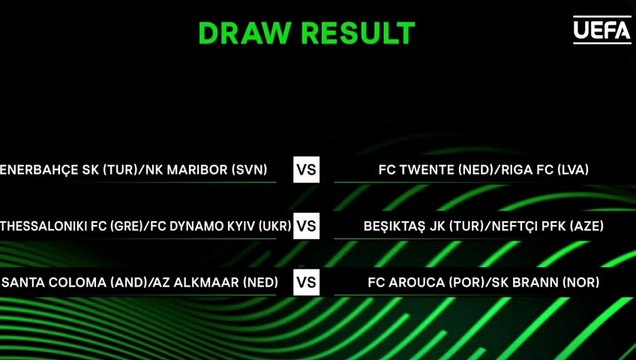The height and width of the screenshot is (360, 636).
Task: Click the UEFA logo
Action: pos(602,31)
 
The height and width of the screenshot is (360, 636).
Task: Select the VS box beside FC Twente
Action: pos(307,170)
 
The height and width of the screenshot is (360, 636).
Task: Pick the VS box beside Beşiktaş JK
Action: pos(307,226)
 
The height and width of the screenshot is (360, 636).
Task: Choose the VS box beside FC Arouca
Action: pos(307,283)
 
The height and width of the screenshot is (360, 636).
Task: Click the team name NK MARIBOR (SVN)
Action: pos(206,170)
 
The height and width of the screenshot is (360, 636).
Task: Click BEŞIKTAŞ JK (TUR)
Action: pos(420,226)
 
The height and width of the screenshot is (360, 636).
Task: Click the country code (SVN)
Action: pos(248,170)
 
